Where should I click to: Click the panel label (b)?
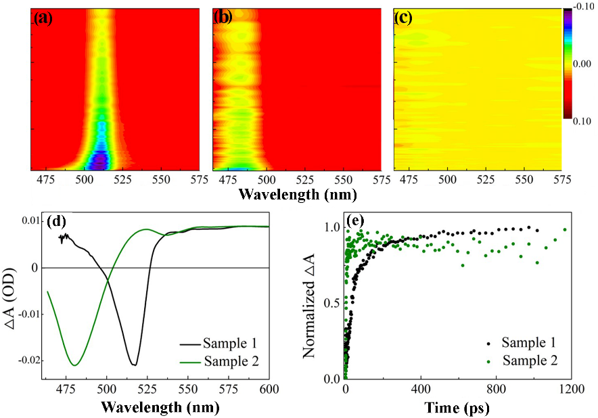[223, 18]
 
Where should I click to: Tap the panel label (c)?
[405, 18]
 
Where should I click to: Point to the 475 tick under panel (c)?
[410, 181]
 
